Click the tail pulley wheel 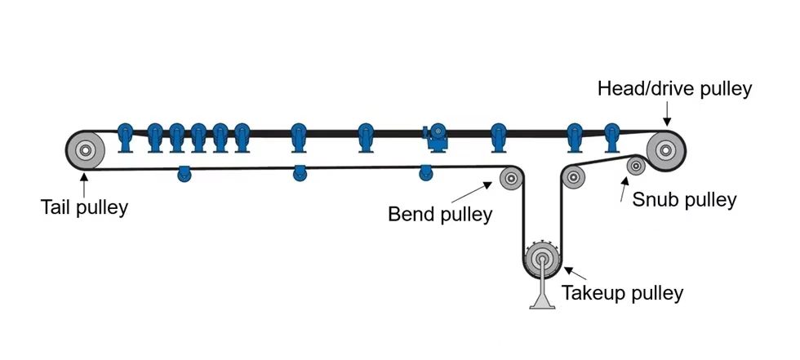click(x=85, y=150)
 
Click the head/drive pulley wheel click(x=665, y=149)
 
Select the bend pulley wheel click(x=512, y=177)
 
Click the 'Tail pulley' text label click(x=85, y=207)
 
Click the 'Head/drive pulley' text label click(x=674, y=88)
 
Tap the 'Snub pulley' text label click(x=684, y=199)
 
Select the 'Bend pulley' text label click(x=440, y=214)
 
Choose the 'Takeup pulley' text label click(x=622, y=291)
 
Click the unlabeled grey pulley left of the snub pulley click(x=574, y=176)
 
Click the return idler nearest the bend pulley click(x=425, y=171)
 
